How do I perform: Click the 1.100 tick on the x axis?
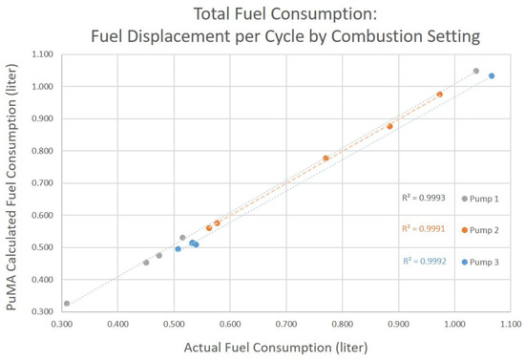coord(511,325)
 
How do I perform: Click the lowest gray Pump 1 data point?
coord(67,304)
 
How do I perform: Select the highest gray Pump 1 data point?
coord(476,71)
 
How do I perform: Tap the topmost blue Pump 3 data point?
coord(492,75)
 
